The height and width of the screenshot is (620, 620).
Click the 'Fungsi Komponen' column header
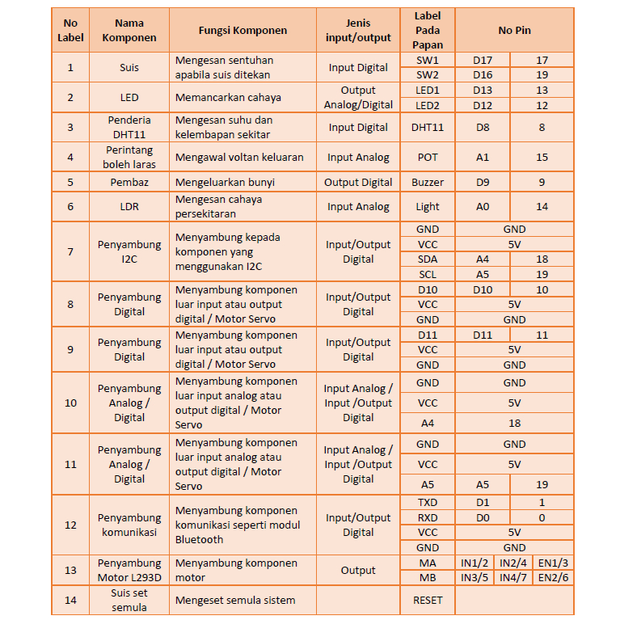243,31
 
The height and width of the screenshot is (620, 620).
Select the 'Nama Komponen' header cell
129,31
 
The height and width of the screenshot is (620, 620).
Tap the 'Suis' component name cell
129,68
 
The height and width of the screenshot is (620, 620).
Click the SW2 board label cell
427,75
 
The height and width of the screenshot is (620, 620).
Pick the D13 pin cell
483,90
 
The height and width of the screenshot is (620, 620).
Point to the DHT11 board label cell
427,127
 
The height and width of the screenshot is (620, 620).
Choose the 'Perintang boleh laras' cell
129,157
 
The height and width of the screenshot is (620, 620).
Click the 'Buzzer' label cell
427,182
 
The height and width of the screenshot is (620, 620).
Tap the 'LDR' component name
129,206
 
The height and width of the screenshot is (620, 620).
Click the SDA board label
427,259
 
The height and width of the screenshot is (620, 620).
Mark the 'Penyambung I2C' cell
129,251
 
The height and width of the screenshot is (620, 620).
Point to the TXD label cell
427,502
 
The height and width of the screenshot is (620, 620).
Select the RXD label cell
427,517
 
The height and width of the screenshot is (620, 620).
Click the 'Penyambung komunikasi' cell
129,525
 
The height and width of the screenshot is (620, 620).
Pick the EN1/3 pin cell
553,563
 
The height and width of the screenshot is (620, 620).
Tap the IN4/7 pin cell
513,578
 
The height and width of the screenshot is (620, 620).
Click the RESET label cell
427,600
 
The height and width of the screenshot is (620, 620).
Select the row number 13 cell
70,570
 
